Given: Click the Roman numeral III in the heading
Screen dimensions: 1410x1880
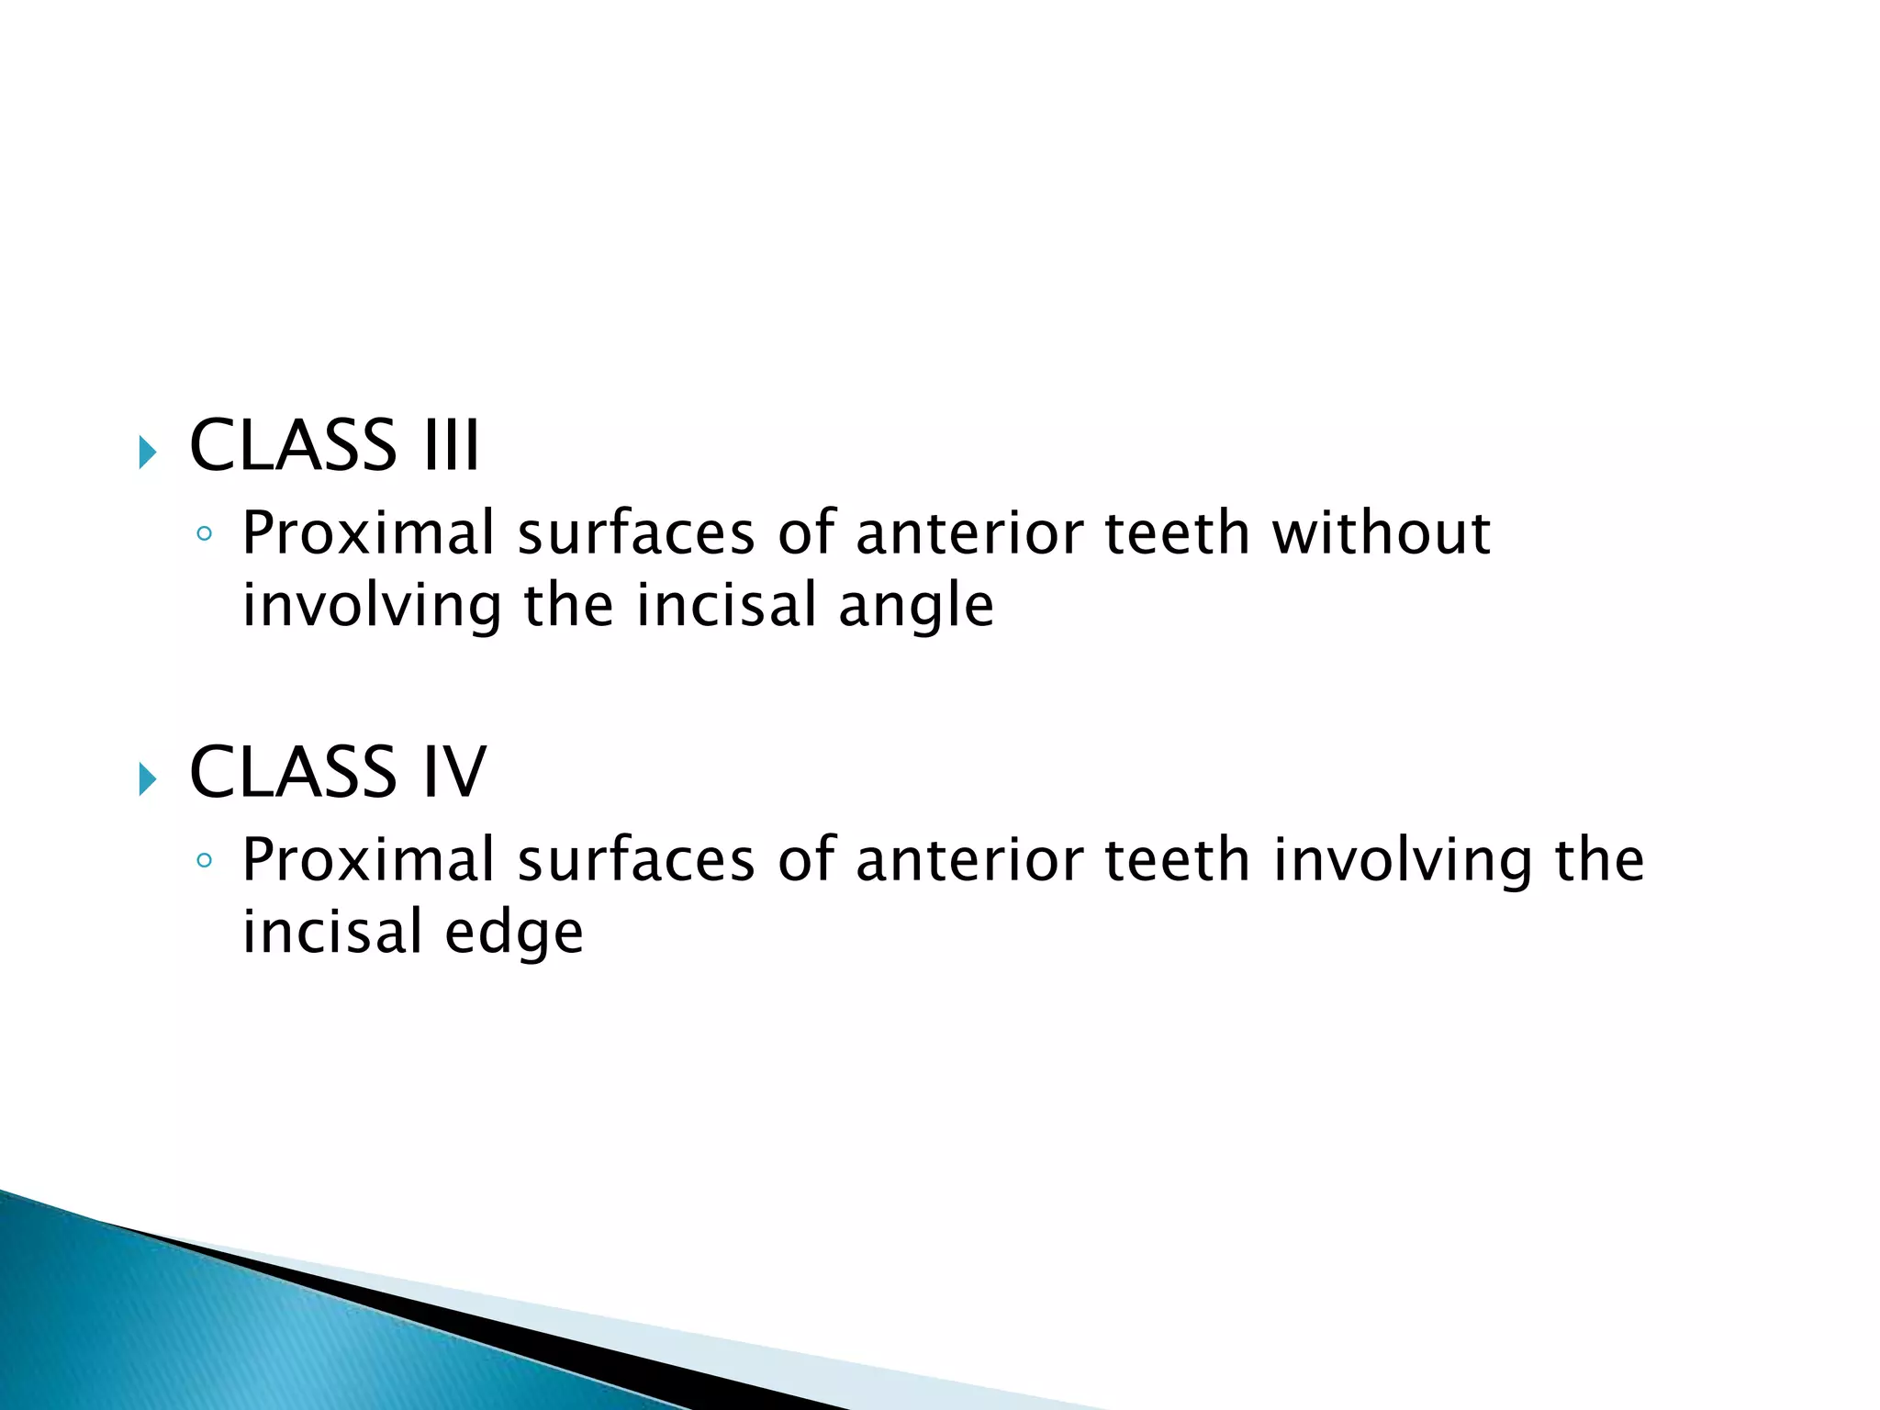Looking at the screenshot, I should click(x=451, y=446).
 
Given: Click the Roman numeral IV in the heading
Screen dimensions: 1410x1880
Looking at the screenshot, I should click(x=453, y=772).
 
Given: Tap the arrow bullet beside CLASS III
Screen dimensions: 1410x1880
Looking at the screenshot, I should click(x=148, y=453).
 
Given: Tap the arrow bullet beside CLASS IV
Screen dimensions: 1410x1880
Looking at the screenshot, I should click(x=148, y=779).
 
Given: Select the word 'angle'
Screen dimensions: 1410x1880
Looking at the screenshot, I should click(x=915, y=607).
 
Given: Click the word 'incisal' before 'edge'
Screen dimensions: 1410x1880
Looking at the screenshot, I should click(x=332, y=932).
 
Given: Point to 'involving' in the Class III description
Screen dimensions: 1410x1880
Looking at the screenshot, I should click(x=372, y=607).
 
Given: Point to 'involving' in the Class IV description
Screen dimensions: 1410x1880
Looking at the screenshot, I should click(x=1402, y=861).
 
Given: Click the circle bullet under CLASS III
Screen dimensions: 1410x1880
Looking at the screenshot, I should click(x=205, y=534).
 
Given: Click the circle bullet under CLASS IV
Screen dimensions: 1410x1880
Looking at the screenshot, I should click(x=205, y=861).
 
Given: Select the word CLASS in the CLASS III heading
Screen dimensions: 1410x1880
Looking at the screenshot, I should click(x=293, y=446).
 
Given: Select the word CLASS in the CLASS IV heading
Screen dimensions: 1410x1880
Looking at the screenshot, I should click(x=293, y=772).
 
